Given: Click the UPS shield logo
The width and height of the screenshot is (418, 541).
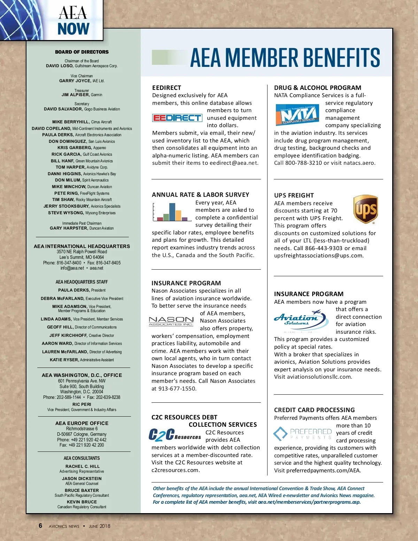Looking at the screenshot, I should coord(366,209).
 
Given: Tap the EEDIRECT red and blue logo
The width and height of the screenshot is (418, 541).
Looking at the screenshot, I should coord(177,118).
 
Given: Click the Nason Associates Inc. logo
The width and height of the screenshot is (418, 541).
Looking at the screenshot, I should coord(171,321).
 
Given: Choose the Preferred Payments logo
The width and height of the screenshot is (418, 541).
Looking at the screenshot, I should coord(303,434).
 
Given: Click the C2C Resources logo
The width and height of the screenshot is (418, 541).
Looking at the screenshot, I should coord(175,435).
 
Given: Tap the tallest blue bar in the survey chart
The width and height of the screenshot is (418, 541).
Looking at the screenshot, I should coord(172,212).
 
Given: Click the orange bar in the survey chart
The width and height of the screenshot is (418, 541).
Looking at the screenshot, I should coord(178,216).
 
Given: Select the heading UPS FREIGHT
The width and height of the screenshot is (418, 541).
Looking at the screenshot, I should coord(294,195).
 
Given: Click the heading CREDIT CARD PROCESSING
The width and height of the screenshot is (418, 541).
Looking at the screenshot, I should coord(314,410).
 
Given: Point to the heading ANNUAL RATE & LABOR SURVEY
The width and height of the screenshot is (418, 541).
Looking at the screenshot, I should coord(201,195).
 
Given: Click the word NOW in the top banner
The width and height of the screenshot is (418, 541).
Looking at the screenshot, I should coord(73,29).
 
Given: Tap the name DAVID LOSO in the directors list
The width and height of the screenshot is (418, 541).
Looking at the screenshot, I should coord(60,66).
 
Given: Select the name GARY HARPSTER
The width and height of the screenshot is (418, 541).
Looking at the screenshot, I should coord(69,228).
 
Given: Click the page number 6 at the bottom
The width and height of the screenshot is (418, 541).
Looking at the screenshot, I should coord(40,526).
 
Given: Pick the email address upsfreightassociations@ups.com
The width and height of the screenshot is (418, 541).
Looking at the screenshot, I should coord(318,256).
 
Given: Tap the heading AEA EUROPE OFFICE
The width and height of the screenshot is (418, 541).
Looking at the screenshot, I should coord(82,423).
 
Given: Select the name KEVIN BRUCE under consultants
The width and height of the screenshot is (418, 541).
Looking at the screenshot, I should coord(82,502).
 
